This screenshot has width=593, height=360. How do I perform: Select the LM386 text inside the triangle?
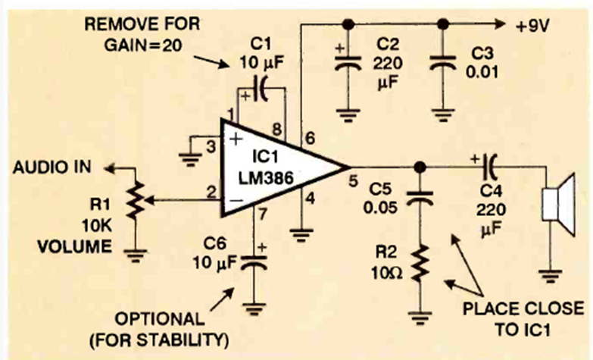pyautogui.click(x=261, y=177)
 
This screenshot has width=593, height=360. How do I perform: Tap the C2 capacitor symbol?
pyautogui.click(x=347, y=65)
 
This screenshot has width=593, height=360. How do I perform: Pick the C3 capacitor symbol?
pyautogui.click(x=441, y=65)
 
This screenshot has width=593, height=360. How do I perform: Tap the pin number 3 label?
pyautogui.click(x=211, y=145)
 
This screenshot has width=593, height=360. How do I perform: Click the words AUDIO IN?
pyautogui.click(x=48, y=167)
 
